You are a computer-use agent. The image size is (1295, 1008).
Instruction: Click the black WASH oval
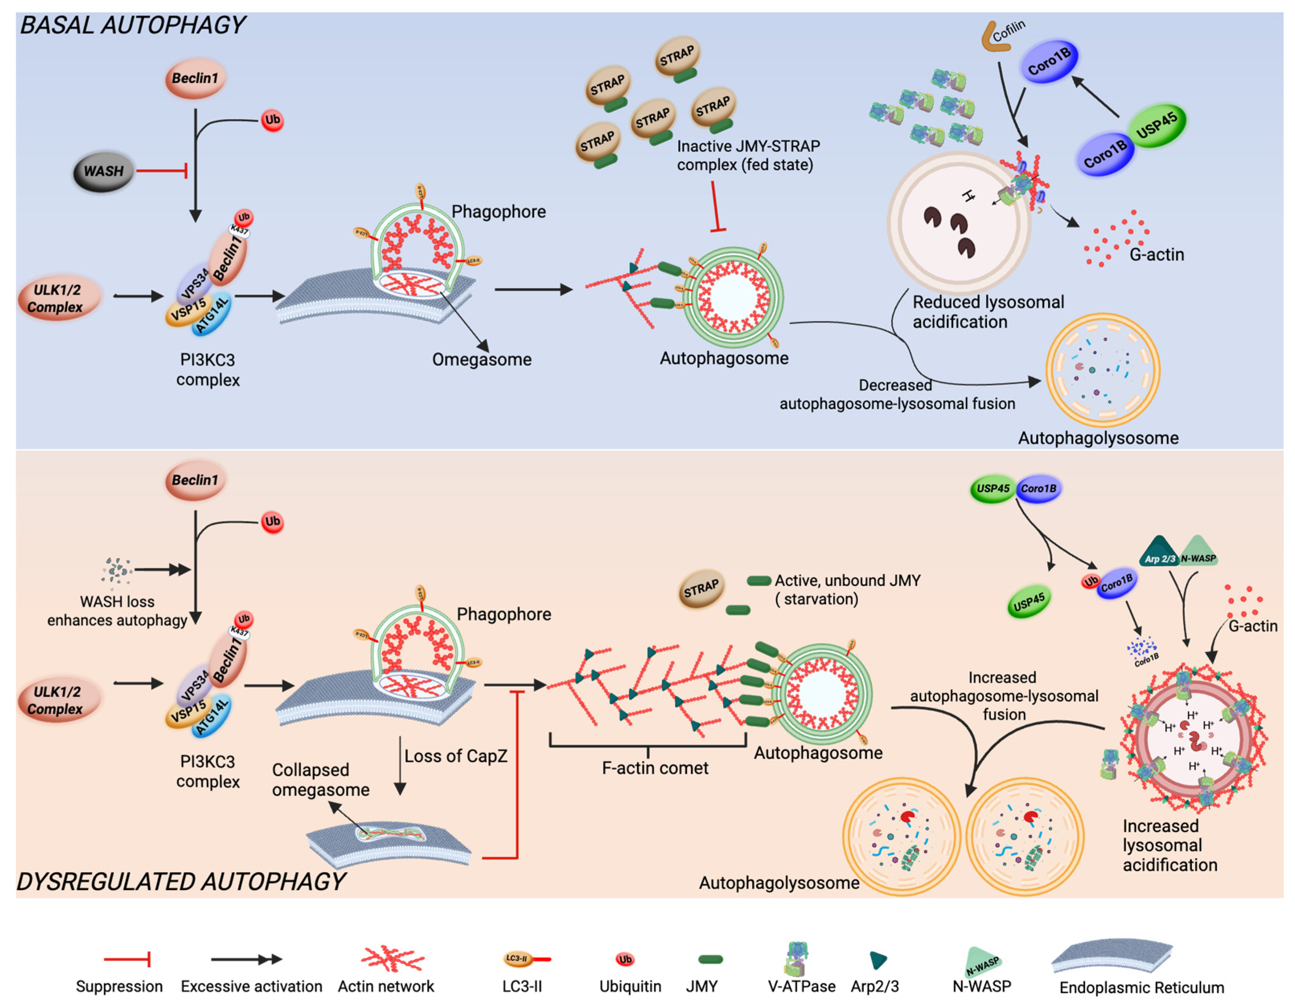click(x=103, y=172)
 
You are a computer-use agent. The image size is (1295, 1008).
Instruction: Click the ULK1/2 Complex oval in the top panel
click(x=58, y=298)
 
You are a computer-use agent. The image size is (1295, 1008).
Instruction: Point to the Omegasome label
click(x=482, y=360)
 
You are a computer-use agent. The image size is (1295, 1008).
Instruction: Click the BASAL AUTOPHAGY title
click(x=132, y=26)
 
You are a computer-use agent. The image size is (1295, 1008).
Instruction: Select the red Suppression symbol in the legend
click(x=128, y=959)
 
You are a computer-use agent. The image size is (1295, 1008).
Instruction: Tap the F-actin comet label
click(x=655, y=768)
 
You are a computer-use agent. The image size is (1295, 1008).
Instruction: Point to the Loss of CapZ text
click(x=455, y=756)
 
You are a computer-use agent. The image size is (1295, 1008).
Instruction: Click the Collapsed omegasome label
click(x=320, y=779)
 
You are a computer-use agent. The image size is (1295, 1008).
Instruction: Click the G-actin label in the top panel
click(x=1156, y=254)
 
